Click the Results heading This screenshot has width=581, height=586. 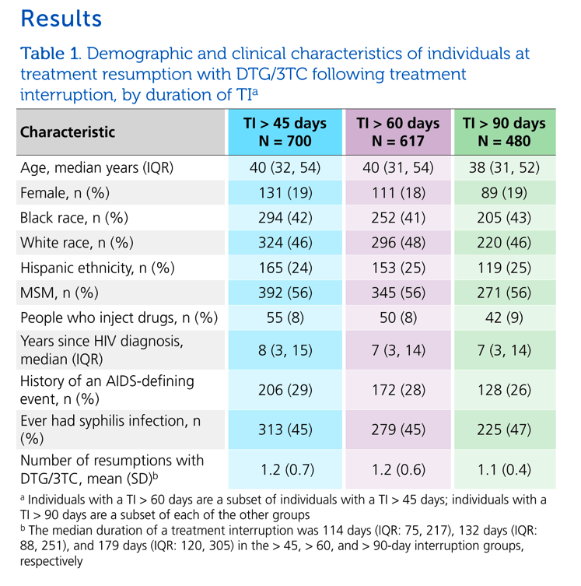click(x=61, y=19)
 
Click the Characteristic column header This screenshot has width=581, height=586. click(x=68, y=132)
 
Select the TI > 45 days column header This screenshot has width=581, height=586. click(x=285, y=132)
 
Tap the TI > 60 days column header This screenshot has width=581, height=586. click(x=398, y=132)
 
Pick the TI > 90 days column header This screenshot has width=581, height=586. click(x=505, y=132)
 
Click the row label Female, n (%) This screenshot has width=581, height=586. click(x=65, y=193)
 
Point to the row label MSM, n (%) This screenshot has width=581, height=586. click(x=59, y=293)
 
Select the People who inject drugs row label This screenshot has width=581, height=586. click(x=119, y=318)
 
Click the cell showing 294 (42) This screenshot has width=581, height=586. click(x=285, y=217)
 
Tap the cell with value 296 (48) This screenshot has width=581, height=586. click(x=398, y=243)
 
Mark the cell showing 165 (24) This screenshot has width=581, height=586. click(x=285, y=268)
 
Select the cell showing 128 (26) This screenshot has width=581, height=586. click(x=505, y=390)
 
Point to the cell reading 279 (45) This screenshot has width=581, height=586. click(x=398, y=430)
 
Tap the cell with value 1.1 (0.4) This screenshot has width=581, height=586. click(x=505, y=469)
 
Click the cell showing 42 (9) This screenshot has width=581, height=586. click(x=505, y=318)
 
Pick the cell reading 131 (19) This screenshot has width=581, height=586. click(x=285, y=193)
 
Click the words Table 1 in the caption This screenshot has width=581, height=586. click(x=49, y=54)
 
